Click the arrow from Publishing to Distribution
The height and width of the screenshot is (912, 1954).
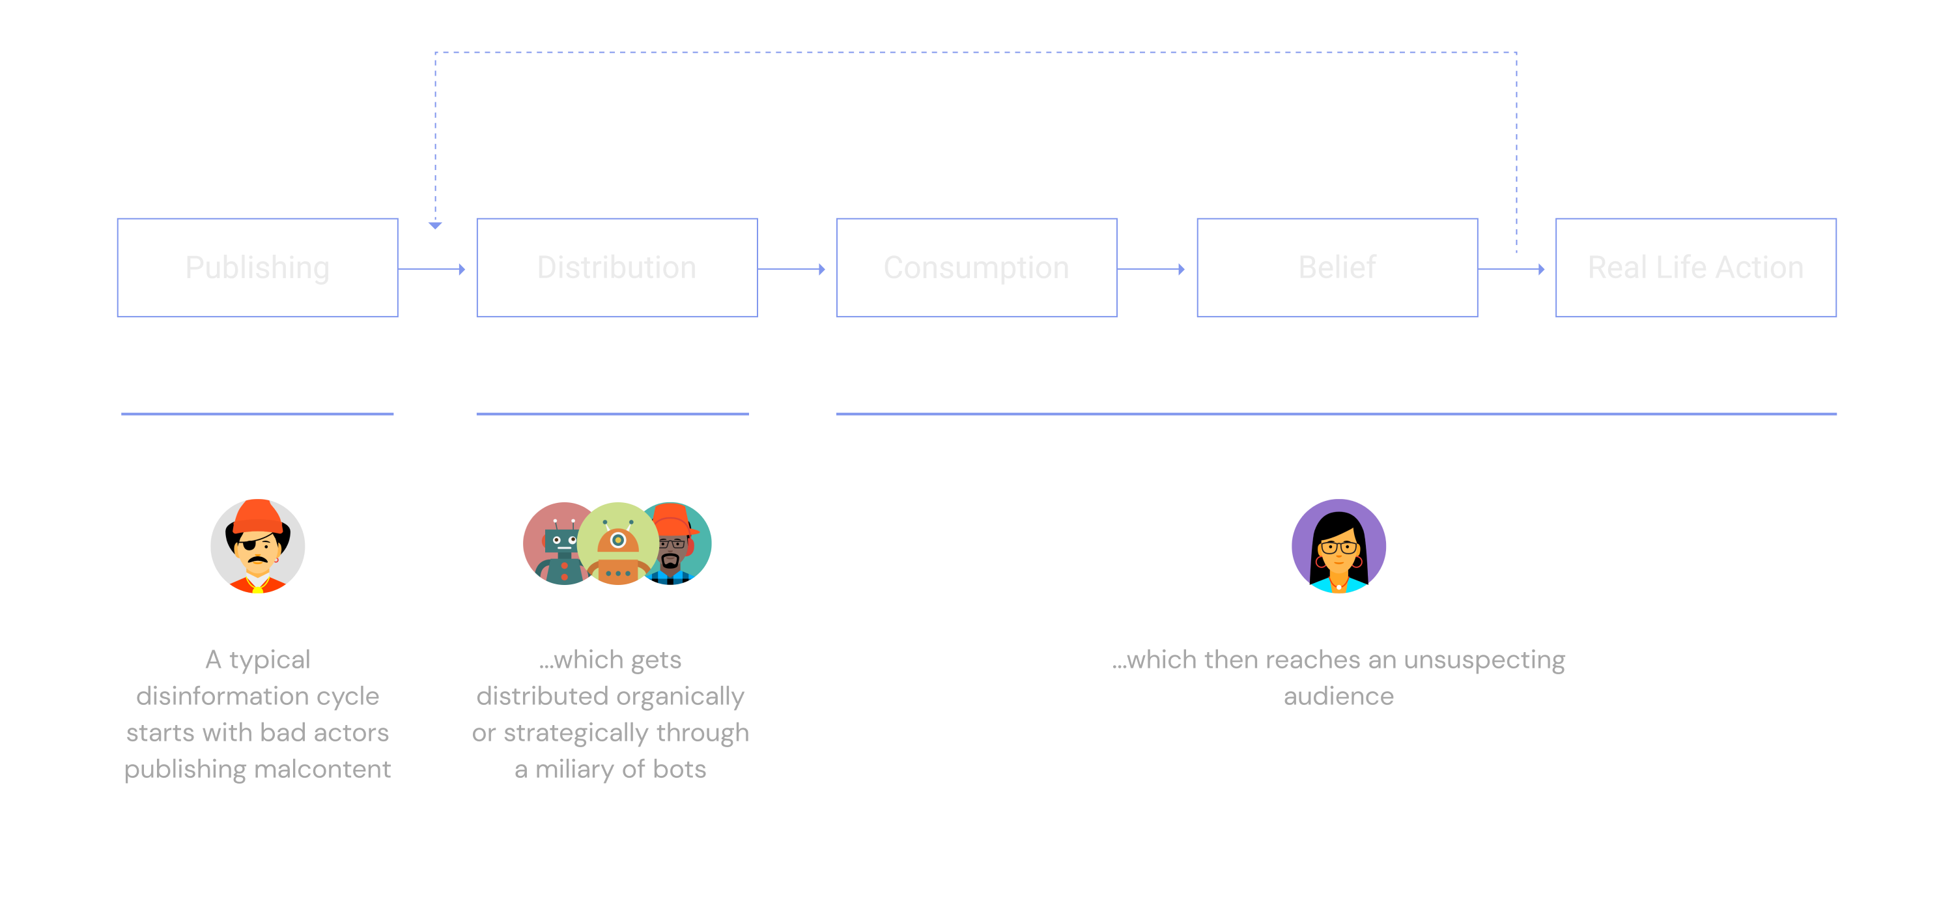[432, 268]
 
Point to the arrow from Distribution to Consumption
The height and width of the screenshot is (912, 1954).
[792, 268]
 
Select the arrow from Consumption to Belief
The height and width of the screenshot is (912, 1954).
[1152, 268]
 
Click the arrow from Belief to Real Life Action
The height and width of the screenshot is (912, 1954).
[1512, 268]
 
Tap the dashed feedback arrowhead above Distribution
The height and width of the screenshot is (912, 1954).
[435, 225]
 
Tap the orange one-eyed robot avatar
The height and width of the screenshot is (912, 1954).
[618, 543]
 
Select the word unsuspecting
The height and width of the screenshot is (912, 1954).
[1484, 660]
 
